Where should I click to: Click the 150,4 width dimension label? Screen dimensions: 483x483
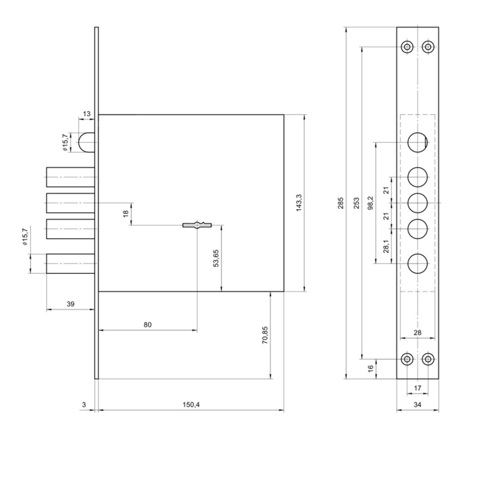pos(191,404)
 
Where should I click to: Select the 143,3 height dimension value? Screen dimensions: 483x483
pos(299,203)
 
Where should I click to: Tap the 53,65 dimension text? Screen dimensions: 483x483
pos(216,258)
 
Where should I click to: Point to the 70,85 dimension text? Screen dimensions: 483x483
pos(265,335)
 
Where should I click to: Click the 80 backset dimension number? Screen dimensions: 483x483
pos(148,325)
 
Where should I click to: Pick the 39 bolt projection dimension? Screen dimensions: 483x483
pos(71,304)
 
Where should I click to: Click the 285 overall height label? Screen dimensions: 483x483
pos(341,203)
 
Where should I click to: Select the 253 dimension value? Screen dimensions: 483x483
pos(357,203)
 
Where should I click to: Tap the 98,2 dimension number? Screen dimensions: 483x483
pos(370,203)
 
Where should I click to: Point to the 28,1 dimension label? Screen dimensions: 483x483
pos(386,246)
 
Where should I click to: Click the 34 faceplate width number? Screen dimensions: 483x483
pos(417,404)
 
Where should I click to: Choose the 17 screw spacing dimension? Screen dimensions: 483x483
pos(417,388)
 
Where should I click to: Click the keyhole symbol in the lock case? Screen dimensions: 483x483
pos(197,225)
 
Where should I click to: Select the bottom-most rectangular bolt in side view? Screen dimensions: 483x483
pos(71,263)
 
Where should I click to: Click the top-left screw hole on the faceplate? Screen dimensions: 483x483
pos(407,47)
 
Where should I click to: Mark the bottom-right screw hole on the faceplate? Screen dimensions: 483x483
pos(427,359)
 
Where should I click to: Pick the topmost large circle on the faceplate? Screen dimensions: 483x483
pos(418,142)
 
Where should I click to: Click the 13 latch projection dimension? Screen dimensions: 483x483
pos(87,114)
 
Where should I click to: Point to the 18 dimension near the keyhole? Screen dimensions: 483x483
pos(126,213)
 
